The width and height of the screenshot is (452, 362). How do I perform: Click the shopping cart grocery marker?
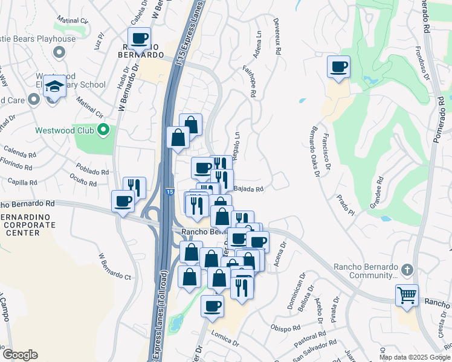[x=407, y=296]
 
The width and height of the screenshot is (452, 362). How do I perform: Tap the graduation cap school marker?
[x=54, y=86]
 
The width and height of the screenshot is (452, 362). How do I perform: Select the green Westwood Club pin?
[x=103, y=130]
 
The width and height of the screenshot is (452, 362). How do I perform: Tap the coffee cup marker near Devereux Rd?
[x=338, y=66]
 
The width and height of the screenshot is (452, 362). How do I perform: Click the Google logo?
[x=20, y=355]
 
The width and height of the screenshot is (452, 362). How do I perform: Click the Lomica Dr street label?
[x=225, y=336]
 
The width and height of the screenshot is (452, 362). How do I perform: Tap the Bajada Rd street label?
[x=249, y=189]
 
